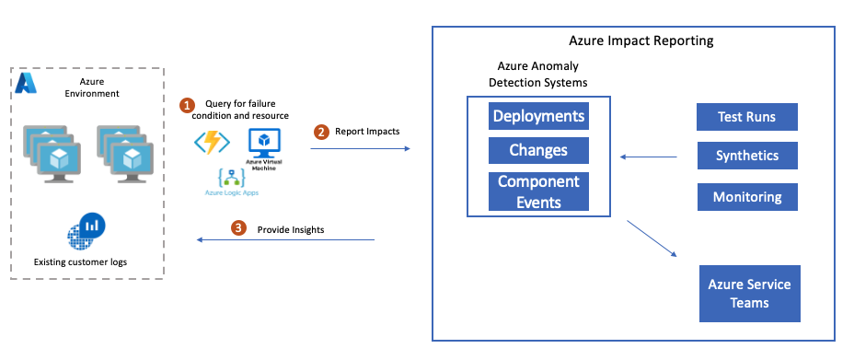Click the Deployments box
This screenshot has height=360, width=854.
538,116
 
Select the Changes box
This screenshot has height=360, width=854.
538,150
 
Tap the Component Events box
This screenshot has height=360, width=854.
538,192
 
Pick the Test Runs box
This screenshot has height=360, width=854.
746,117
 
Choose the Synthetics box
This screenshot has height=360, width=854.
747,156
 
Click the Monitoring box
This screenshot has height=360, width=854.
747,197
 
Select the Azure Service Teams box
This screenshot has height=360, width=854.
749,294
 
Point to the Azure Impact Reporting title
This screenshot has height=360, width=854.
641,41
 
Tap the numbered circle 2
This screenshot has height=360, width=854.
321,132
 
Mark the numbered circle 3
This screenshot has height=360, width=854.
237,227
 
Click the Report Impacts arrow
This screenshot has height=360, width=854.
360,148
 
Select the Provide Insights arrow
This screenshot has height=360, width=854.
285,239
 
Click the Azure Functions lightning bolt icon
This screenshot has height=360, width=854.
212,143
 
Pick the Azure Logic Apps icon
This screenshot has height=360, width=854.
232,180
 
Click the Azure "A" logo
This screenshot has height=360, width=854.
26,83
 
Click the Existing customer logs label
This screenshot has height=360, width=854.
81,262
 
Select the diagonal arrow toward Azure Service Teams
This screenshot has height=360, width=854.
652,238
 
